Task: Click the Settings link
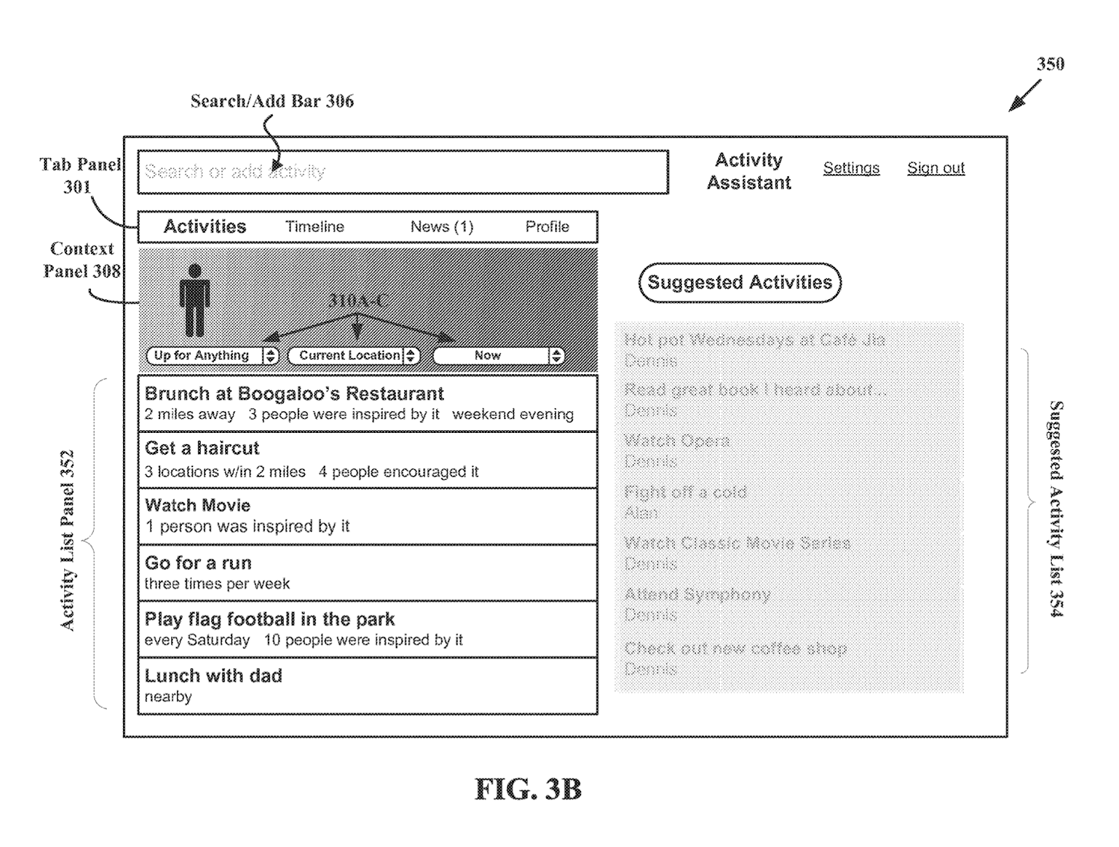(x=850, y=168)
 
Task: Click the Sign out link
(x=936, y=168)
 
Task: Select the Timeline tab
(x=315, y=227)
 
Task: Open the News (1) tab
(x=441, y=227)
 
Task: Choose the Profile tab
(x=547, y=227)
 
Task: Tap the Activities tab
(x=205, y=227)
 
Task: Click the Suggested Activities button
(x=739, y=283)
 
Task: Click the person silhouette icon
(x=194, y=301)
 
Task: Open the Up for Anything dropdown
(x=212, y=355)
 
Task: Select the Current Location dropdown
(x=353, y=355)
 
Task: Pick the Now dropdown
(x=498, y=355)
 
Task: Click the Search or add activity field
(x=402, y=172)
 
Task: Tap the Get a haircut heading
(x=202, y=448)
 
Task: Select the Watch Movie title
(x=197, y=505)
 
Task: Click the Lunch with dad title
(x=213, y=676)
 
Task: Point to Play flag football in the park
(x=269, y=619)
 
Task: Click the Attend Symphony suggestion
(x=697, y=595)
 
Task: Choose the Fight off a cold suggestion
(x=685, y=492)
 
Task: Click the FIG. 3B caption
(x=528, y=789)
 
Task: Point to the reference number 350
(x=1050, y=64)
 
